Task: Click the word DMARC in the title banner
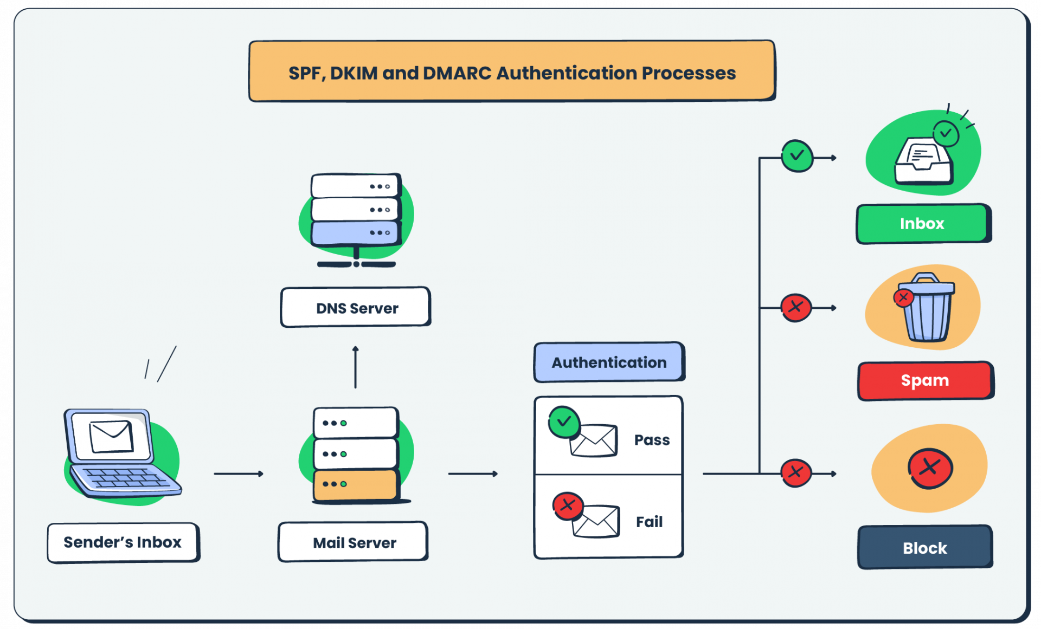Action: tap(457, 73)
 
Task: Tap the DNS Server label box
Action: tap(356, 307)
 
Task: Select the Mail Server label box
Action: tap(354, 542)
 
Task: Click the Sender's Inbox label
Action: tap(123, 542)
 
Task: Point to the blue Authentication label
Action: tap(609, 362)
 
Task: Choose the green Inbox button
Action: tap(923, 224)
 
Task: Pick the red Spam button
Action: tap(926, 381)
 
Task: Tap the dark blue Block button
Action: tap(925, 547)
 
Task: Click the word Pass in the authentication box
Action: tap(652, 439)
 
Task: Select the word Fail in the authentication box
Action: tap(649, 522)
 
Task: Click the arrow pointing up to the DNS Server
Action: tap(356, 367)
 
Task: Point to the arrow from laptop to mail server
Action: tap(239, 474)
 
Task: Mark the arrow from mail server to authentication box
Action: tap(473, 474)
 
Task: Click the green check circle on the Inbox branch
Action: tap(797, 156)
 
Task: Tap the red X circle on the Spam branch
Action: tap(796, 307)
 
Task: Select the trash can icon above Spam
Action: tap(926, 308)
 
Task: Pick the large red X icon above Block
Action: tap(930, 468)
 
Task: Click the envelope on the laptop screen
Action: tap(111, 436)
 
